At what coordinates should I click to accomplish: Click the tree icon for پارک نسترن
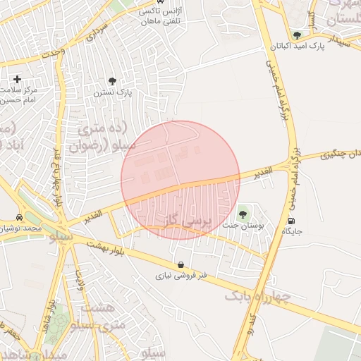111,81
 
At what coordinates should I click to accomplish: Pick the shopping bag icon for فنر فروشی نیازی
182,265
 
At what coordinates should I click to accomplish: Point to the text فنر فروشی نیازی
182,276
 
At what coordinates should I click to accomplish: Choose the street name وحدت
54,52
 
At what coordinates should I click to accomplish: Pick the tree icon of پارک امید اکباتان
297,35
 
